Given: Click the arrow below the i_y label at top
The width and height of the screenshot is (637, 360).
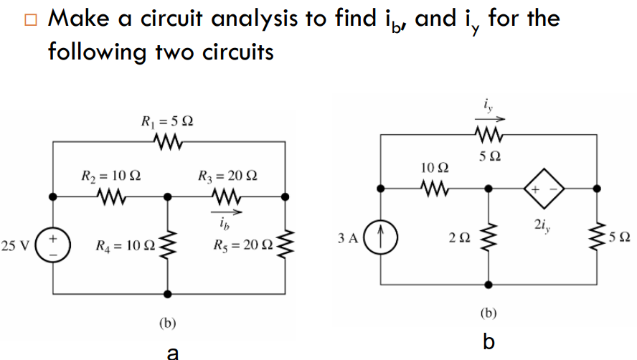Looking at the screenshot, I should [x=490, y=120].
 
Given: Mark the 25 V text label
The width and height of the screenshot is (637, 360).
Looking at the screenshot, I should [x=16, y=247].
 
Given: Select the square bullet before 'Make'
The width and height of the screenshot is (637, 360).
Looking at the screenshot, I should [x=29, y=19].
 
